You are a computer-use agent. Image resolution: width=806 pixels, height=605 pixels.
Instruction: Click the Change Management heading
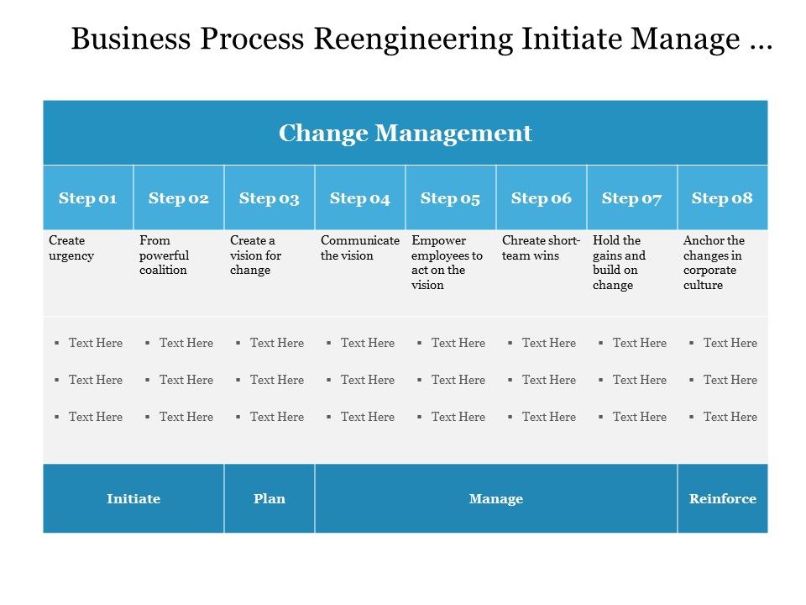coord(405,133)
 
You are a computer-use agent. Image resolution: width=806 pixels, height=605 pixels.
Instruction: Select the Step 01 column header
coord(87,198)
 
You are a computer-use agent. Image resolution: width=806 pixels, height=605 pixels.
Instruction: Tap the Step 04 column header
coord(359,198)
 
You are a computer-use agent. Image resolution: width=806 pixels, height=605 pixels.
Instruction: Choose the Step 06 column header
coord(541,198)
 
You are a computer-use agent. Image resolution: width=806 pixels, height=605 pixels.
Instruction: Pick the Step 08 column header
coord(722,198)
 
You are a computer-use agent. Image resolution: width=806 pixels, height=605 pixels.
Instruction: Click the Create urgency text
coord(71,248)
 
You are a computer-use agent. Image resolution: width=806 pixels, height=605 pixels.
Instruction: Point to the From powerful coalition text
coord(164,255)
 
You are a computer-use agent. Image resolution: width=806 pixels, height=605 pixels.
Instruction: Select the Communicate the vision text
coord(359,248)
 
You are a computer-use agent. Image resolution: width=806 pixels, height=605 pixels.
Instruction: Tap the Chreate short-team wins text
coord(541,248)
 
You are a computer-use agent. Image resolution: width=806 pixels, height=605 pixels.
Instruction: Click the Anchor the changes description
coord(714,263)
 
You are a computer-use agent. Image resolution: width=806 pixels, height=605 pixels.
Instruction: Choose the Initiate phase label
coord(133,498)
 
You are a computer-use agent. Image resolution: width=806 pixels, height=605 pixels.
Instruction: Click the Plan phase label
coord(270,498)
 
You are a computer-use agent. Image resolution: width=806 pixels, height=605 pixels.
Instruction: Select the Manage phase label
coord(495,498)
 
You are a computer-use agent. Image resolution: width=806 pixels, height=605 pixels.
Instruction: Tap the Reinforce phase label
coord(722,498)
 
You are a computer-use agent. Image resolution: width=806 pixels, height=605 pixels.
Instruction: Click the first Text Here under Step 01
coord(95,343)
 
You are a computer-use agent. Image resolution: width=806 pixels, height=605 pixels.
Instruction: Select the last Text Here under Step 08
coord(730,417)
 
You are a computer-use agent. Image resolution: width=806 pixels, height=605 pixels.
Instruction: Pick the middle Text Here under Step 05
coord(458,380)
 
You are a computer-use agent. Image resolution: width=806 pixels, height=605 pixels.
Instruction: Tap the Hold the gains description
coord(620,263)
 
